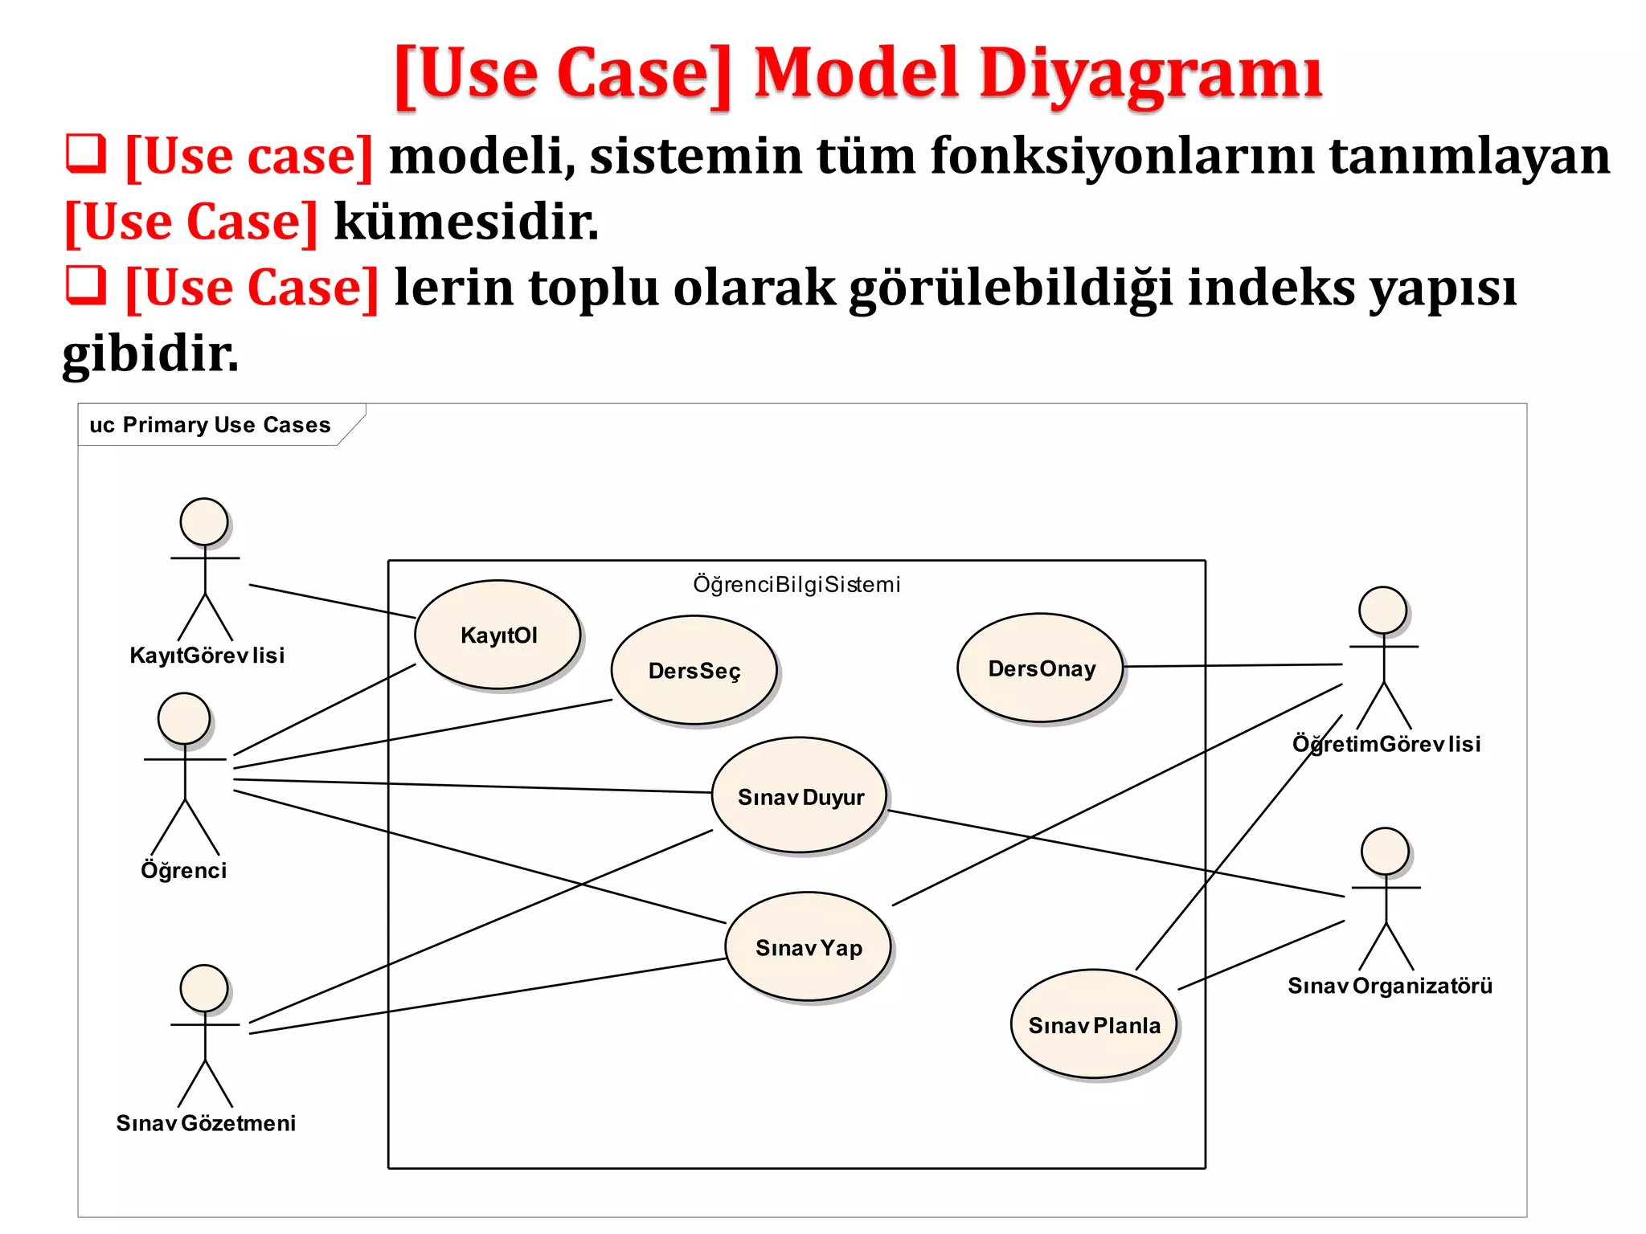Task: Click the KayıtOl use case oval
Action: point(497,635)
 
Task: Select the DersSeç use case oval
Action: point(694,670)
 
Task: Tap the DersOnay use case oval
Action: point(1041,668)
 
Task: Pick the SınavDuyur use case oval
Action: point(800,795)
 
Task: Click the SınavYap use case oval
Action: point(808,947)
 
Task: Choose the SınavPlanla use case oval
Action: point(1093,1024)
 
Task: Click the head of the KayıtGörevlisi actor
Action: point(204,521)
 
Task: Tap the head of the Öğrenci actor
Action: point(184,718)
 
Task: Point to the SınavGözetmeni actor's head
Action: point(204,988)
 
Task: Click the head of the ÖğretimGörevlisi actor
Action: point(1382,610)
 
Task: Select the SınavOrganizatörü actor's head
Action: point(1385,852)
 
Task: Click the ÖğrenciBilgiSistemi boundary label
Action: point(796,584)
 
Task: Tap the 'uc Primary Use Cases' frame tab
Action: point(211,425)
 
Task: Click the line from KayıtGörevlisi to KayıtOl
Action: point(331,601)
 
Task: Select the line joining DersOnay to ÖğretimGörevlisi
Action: point(1232,665)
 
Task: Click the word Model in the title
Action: point(857,74)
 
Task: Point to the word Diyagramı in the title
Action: point(1150,74)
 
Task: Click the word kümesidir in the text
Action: point(466,222)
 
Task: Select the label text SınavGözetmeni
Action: point(206,1122)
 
